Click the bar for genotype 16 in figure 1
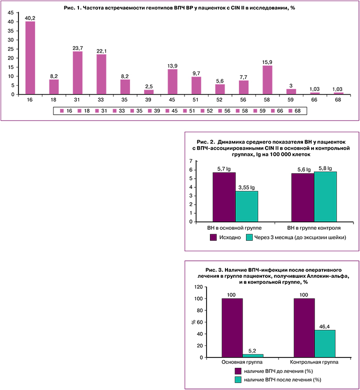click(x=30, y=58)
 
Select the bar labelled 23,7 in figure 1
click(x=77, y=73)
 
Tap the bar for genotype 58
click(x=267, y=80)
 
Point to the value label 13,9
click(x=172, y=66)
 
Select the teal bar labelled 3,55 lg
click(x=246, y=207)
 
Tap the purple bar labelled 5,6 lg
click(x=302, y=198)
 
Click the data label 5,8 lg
click(x=325, y=168)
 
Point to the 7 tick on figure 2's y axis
click(x=190, y=161)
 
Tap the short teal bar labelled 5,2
click(x=252, y=355)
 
